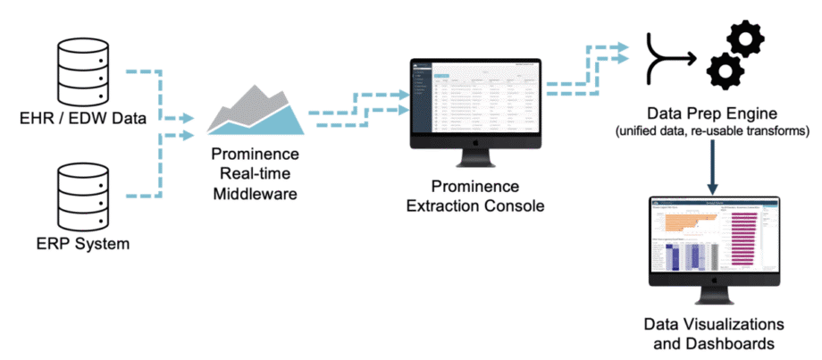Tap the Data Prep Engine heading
point(712,113)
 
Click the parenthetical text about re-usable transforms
point(712,131)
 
